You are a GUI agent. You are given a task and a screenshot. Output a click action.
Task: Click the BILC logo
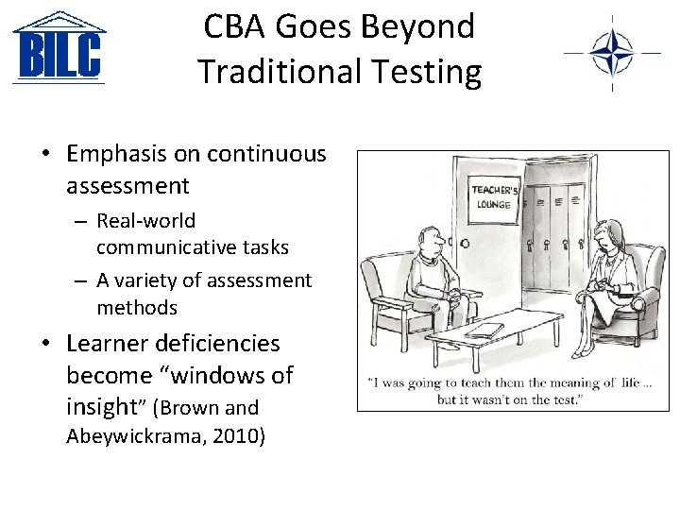(59, 48)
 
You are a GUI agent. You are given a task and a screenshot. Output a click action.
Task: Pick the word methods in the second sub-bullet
(137, 307)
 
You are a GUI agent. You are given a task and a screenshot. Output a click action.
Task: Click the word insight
(102, 407)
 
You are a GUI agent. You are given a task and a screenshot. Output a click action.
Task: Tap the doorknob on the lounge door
(464, 243)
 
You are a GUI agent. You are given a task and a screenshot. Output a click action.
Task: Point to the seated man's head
(431, 243)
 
